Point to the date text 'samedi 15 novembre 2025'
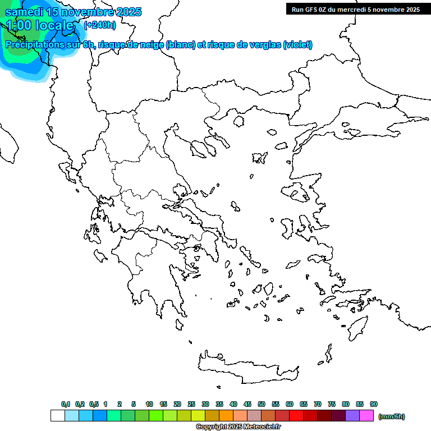point(74,12)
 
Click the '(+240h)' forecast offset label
point(100,25)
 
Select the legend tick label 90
point(374,404)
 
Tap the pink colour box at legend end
point(366,416)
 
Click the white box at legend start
point(57,416)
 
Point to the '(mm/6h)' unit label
point(392,416)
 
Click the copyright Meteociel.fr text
point(238,427)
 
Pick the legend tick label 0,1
point(65,404)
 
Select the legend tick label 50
point(262,404)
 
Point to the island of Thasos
point(239,121)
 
